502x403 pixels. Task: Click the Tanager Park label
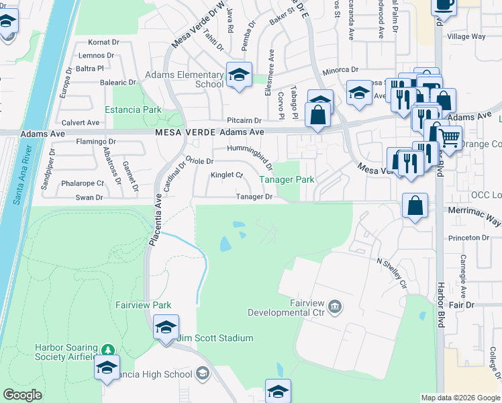click(287, 180)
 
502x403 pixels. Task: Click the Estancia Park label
click(133, 109)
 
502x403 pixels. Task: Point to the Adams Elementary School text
click(191, 80)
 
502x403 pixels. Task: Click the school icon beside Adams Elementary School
click(238, 76)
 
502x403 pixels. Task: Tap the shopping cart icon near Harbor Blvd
click(450, 138)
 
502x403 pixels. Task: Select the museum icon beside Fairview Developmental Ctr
click(336, 308)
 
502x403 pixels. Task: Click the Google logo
click(23, 395)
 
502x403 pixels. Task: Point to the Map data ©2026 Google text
click(460, 398)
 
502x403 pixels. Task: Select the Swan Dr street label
click(89, 197)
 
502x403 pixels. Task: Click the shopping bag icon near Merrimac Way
click(415, 206)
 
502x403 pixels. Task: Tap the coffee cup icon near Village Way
click(444, 5)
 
